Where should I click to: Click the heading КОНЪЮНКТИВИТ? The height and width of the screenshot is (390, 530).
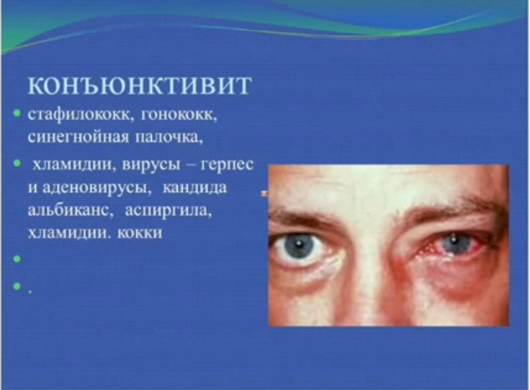click(x=140, y=86)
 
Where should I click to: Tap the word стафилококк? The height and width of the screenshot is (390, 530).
click(x=79, y=115)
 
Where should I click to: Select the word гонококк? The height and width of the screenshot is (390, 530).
click(x=179, y=115)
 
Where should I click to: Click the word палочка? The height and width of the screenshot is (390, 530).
click(x=169, y=137)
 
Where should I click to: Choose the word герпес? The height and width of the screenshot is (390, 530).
click(x=227, y=165)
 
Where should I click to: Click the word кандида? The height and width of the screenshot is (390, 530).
click(x=195, y=187)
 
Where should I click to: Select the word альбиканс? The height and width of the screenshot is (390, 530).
click(x=70, y=210)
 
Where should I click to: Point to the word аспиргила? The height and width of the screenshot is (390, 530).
click(x=168, y=210)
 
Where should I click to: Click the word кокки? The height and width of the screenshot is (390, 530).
click(x=140, y=233)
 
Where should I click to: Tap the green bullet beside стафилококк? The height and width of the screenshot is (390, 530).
click(x=17, y=113)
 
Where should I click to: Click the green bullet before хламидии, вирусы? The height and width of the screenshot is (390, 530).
click(x=17, y=163)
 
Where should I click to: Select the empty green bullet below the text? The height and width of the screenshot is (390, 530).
click(x=17, y=259)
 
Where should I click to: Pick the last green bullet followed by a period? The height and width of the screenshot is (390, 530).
click(x=17, y=286)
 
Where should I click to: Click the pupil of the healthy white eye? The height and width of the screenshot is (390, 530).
click(x=299, y=244)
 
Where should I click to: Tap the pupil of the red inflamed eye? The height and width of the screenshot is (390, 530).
click(x=455, y=241)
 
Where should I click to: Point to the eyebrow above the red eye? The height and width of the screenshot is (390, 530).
click(x=453, y=208)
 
